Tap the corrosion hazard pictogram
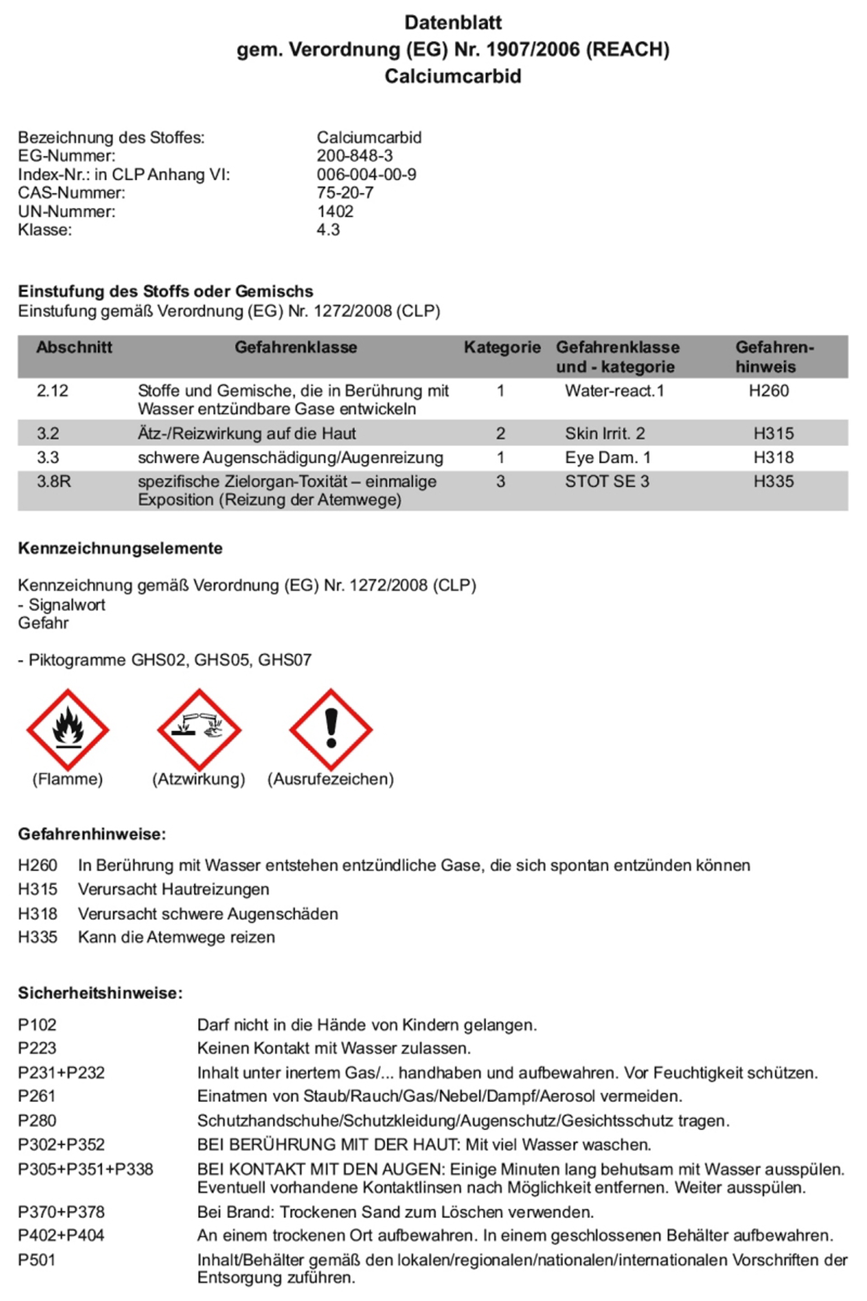pos(199,729)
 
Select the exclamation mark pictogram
pos(331,729)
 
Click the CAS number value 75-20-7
pos(345,192)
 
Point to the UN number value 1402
pos(335,211)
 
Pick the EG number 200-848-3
pos(354,155)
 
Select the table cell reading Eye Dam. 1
pos(608,458)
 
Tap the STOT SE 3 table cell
pos(606,481)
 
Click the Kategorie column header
pos(502,347)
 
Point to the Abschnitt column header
pos(74,347)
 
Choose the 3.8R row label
pos(54,481)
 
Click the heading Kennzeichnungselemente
pos(120,548)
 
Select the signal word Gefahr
pos(43,623)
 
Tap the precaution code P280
pos(37,1121)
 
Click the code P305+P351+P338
pos(85,1170)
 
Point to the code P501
pos(37,1260)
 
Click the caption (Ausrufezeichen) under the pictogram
pos(331,779)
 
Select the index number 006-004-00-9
pos(366,174)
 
